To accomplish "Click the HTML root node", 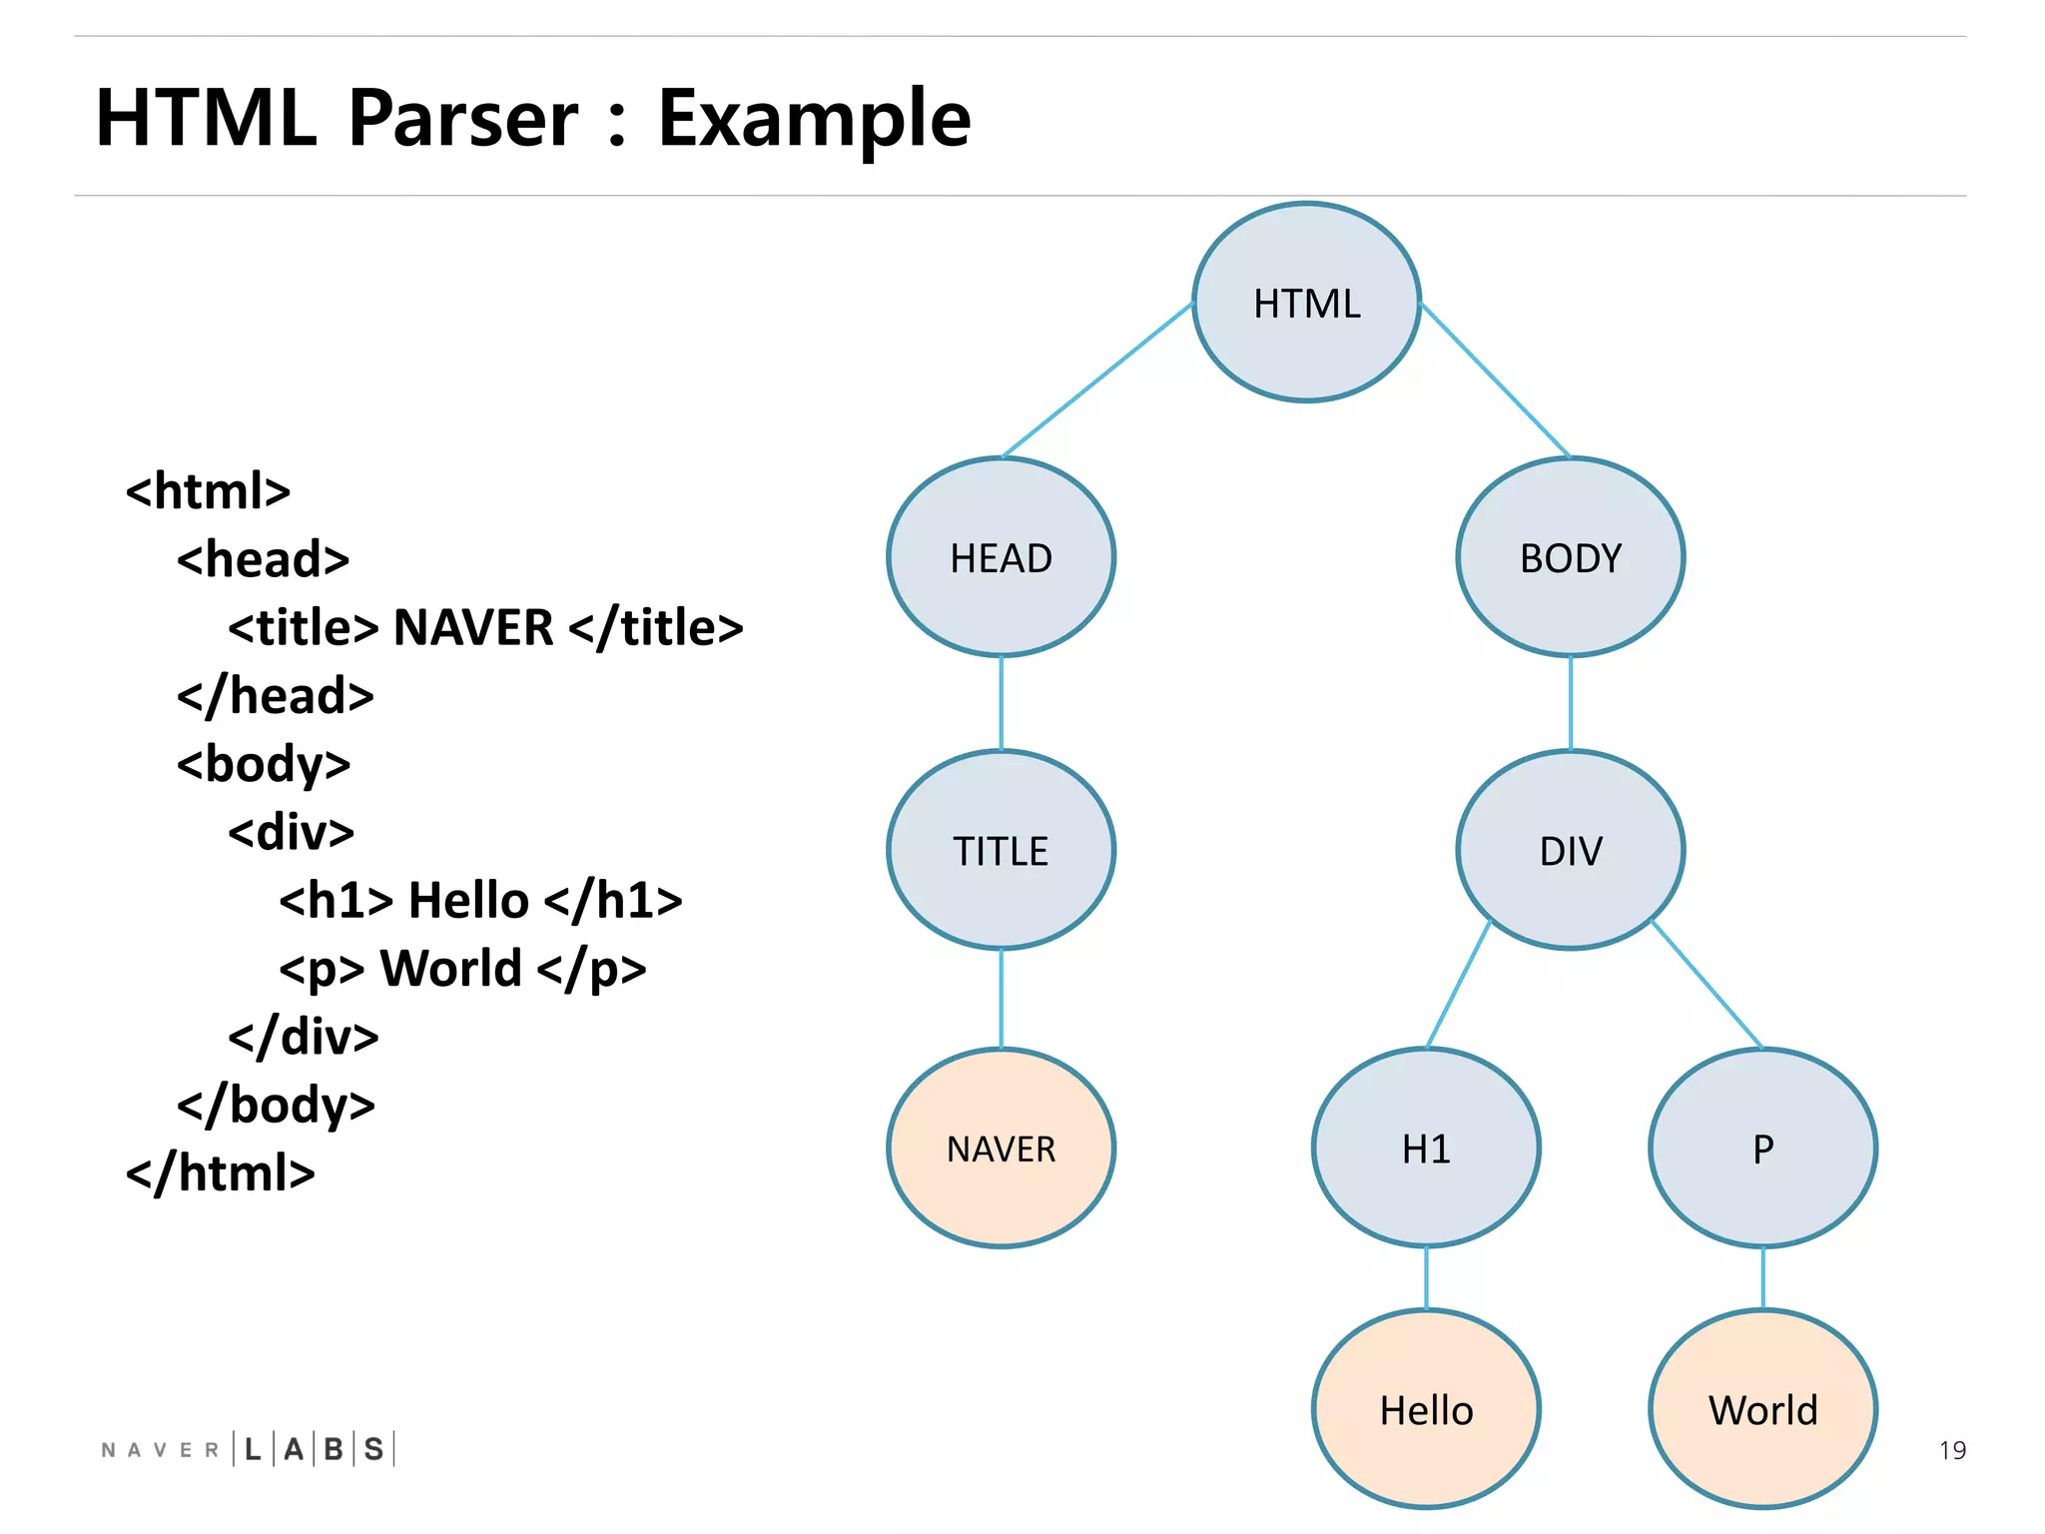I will tap(1306, 303).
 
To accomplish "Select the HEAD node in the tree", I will tap(1001, 557).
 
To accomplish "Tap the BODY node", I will tap(1570, 557).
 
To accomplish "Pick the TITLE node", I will tap(1001, 850).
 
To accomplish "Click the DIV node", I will tap(1570, 850).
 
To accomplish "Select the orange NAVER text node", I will tap(1001, 1148).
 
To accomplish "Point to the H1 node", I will tap(1426, 1148).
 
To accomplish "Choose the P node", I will tap(1762, 1148).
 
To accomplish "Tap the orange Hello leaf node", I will tap(1426, 1409).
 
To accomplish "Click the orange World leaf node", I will tap(1762, 1409).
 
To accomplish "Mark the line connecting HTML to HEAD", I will tap(1098, 381).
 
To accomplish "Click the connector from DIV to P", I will tap(1707, 985).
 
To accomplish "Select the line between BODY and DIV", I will tap(1570, 703).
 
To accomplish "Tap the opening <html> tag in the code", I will tap(208, 490).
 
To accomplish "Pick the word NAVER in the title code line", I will tap(473, 627).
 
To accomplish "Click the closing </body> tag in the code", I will tap(276, 1105).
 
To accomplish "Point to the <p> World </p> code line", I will tap(462, 968).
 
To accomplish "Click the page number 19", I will tap(1951, 1449).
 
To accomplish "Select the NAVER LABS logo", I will tap(248, 1448).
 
